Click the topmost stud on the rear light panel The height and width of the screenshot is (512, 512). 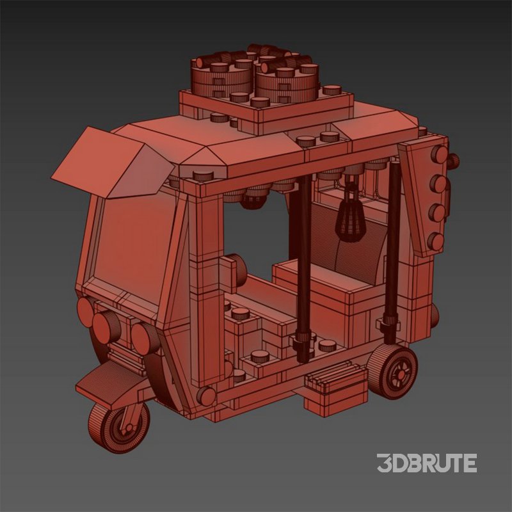coord(440,154)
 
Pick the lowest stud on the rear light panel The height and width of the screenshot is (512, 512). coord(436,241)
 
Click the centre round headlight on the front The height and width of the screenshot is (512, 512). coord(106,326)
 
